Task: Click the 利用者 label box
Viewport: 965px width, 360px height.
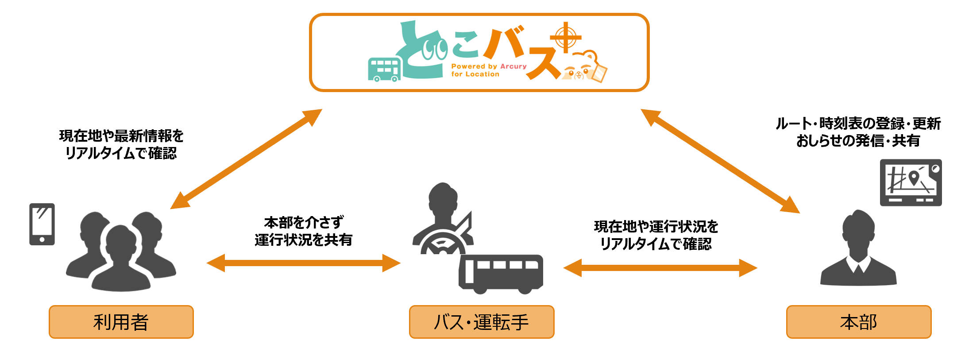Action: coord(121,322)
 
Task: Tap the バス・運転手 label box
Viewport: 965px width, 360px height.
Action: coord(481,322)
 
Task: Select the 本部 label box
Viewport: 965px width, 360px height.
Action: coord(858,322)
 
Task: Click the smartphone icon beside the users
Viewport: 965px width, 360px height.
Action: coord(42,224)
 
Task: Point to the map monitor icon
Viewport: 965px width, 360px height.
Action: coord(911,182)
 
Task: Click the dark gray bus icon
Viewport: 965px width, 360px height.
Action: coord(501,273)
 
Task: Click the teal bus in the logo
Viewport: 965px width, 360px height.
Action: coord(384,70)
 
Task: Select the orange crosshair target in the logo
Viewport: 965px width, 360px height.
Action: coord(565,37)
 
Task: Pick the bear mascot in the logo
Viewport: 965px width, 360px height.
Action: coord(584,66)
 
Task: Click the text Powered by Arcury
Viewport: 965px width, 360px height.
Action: coord(489,66)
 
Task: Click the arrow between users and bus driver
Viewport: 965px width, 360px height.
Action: coord(304,263)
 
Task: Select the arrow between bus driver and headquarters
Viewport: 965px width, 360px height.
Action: coord(660,268)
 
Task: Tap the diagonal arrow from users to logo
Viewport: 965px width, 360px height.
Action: coord(246,159)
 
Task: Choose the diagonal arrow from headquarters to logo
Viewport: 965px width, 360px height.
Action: coord(720,161)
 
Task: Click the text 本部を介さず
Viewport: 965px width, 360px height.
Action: coord(304,222)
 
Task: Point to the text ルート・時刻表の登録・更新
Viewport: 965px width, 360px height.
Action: coord(858,124)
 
